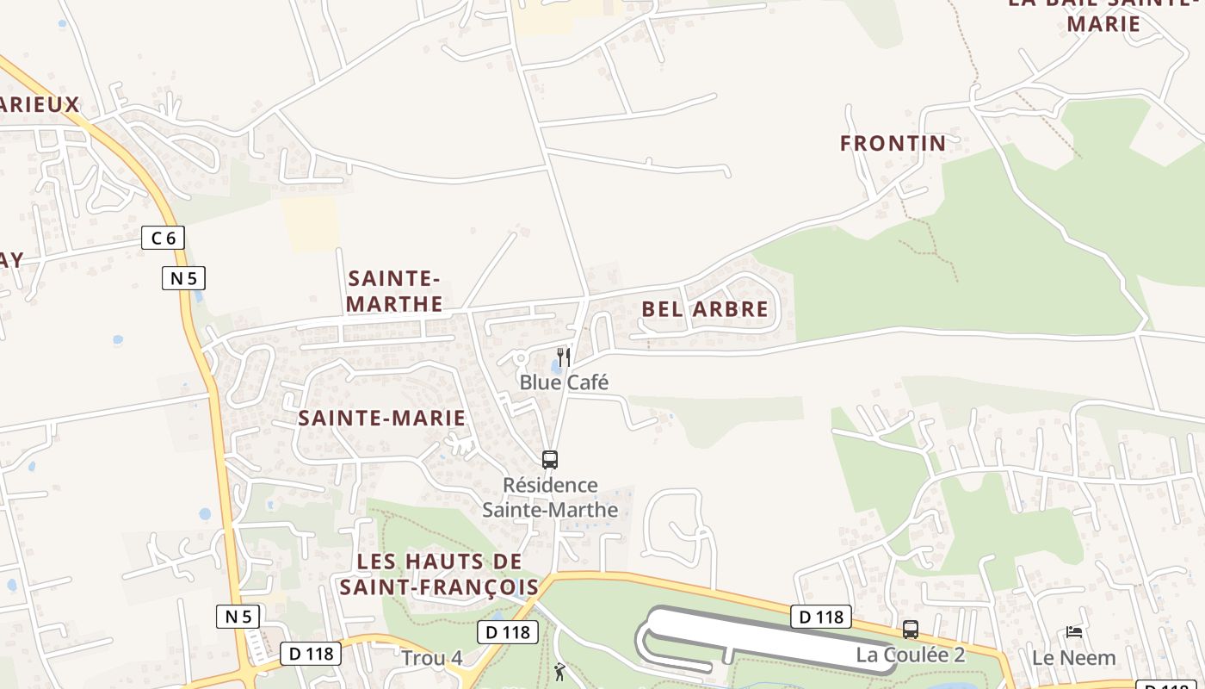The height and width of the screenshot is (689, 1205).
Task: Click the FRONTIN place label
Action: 893,143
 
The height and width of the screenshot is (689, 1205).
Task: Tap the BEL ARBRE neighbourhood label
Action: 704,309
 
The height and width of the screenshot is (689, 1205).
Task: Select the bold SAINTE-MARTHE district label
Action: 394,291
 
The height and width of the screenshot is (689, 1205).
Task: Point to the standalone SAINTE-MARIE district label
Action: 381,419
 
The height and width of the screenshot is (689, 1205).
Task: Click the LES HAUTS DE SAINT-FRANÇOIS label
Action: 439,574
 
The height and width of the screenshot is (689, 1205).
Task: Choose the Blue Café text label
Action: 564,382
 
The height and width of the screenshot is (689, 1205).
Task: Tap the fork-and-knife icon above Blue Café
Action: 564,357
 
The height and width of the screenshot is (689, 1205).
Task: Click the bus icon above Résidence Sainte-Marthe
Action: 550,460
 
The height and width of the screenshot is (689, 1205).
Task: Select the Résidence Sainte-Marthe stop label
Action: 550,497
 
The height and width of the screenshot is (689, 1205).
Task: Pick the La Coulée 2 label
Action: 910,655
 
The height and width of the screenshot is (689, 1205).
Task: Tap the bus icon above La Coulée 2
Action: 911,630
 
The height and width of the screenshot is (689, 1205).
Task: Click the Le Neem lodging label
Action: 1073,658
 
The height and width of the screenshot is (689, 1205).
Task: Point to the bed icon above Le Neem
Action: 1073,632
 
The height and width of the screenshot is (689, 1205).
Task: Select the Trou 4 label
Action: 431,658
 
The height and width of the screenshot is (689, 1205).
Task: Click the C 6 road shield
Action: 163,238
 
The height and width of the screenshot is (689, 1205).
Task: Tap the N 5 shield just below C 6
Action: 183,278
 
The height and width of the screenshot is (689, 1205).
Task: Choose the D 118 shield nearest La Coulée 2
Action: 820,617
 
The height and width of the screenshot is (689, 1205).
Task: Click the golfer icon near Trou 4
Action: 560,671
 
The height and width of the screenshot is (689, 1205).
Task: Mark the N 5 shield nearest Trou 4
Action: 238,616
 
